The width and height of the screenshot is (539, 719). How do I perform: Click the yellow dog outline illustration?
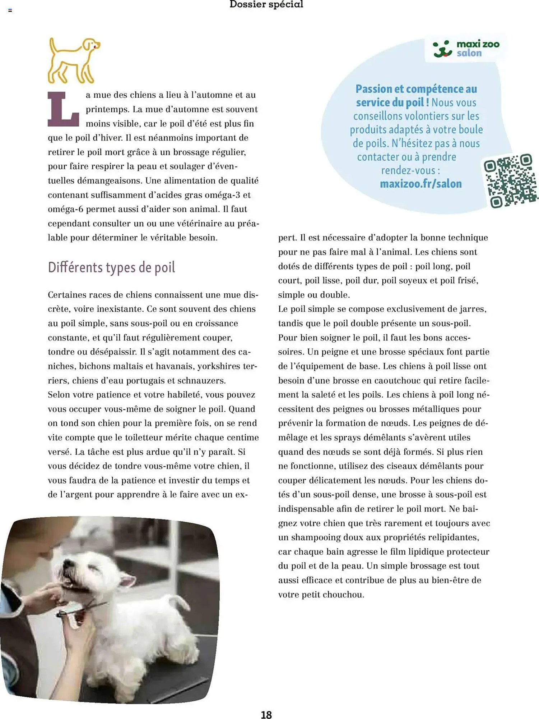(x=73, y=60)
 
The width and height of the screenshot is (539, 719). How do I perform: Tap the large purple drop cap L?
(x=63, y=109)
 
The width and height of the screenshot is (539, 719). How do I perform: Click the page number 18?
(x=266, y=715)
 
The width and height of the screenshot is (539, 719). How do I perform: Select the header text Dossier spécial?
(x=266, y=4)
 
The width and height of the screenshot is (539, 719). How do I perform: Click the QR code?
(x=510, y=181)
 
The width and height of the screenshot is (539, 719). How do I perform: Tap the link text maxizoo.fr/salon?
(x=420, y=184)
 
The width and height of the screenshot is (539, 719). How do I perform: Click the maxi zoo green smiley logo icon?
(x=442, y=49)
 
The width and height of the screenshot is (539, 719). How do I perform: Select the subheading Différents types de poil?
(x=111, y=267)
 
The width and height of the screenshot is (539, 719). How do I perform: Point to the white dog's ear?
(x=127, y=580)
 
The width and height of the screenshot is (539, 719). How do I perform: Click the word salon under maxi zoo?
(x=469, y=53)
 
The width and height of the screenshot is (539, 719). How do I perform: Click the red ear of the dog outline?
(x=95, y=45)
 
